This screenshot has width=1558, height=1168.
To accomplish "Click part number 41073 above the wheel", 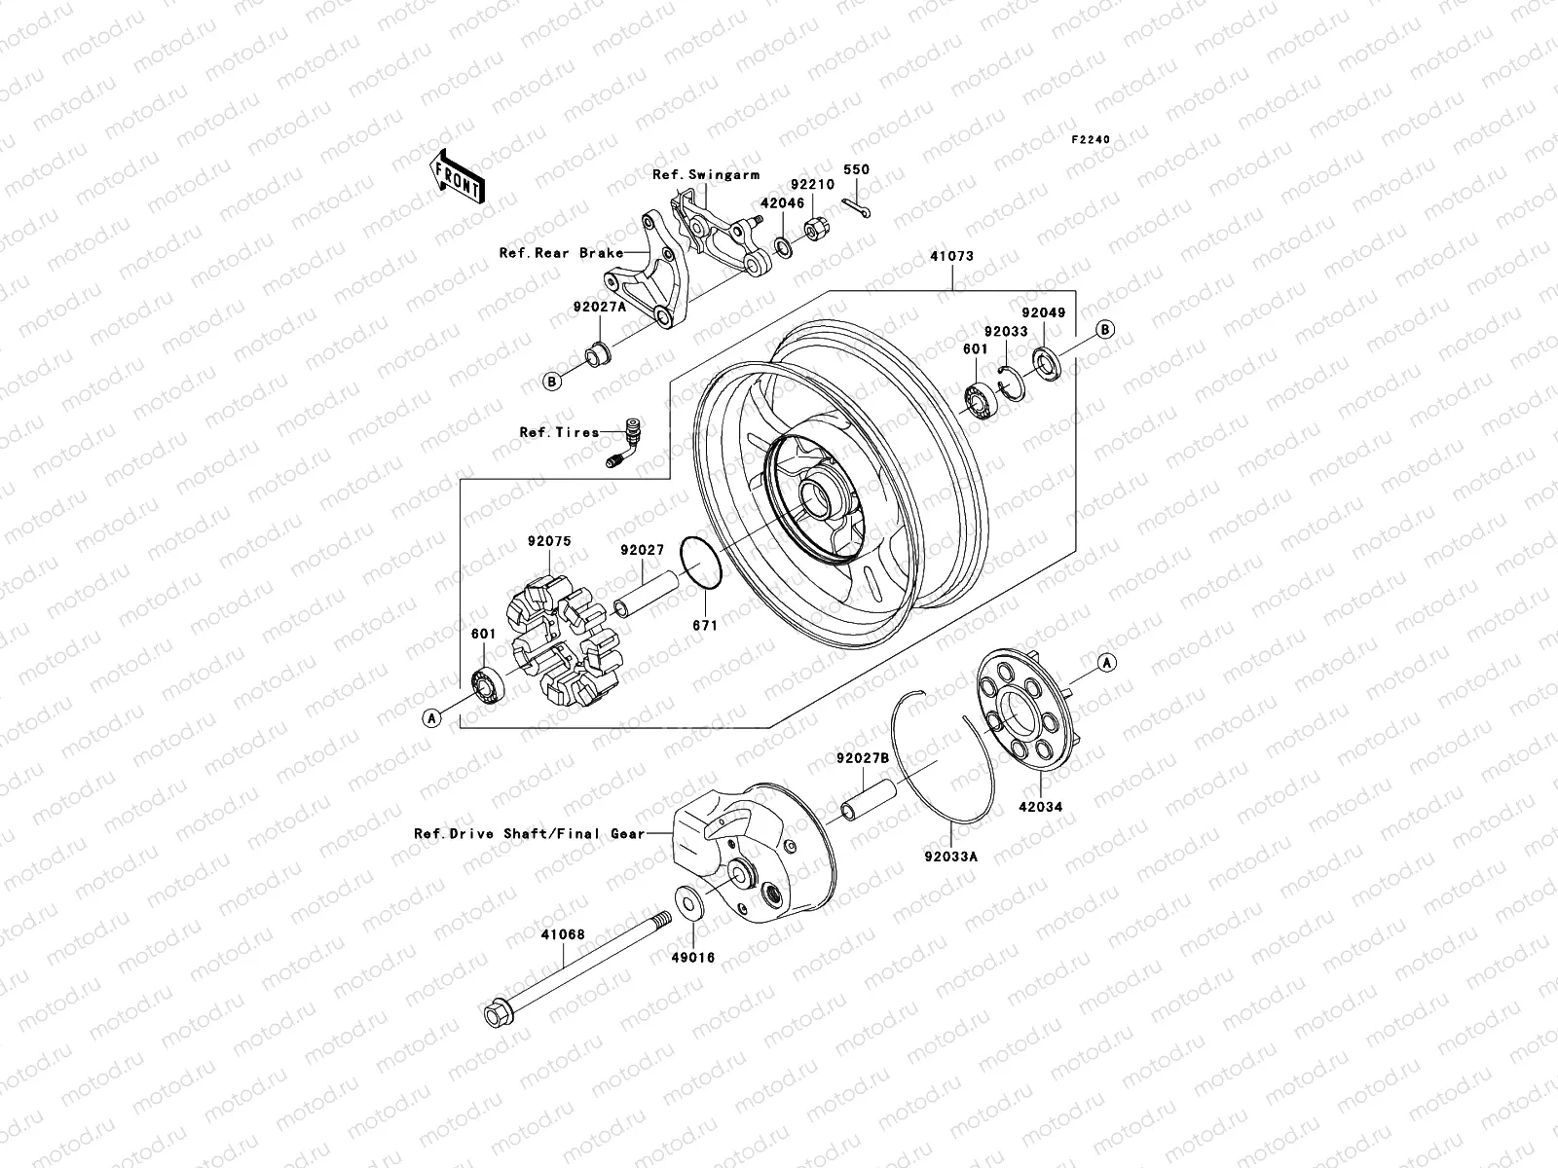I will click(951, 257).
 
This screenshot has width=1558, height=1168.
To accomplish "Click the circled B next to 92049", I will click(1105, 330).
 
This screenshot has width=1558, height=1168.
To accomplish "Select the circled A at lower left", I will click(433, 717).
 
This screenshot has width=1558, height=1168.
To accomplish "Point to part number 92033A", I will click(951, 858).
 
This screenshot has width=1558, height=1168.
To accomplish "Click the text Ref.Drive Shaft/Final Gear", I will click(529, 834).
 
